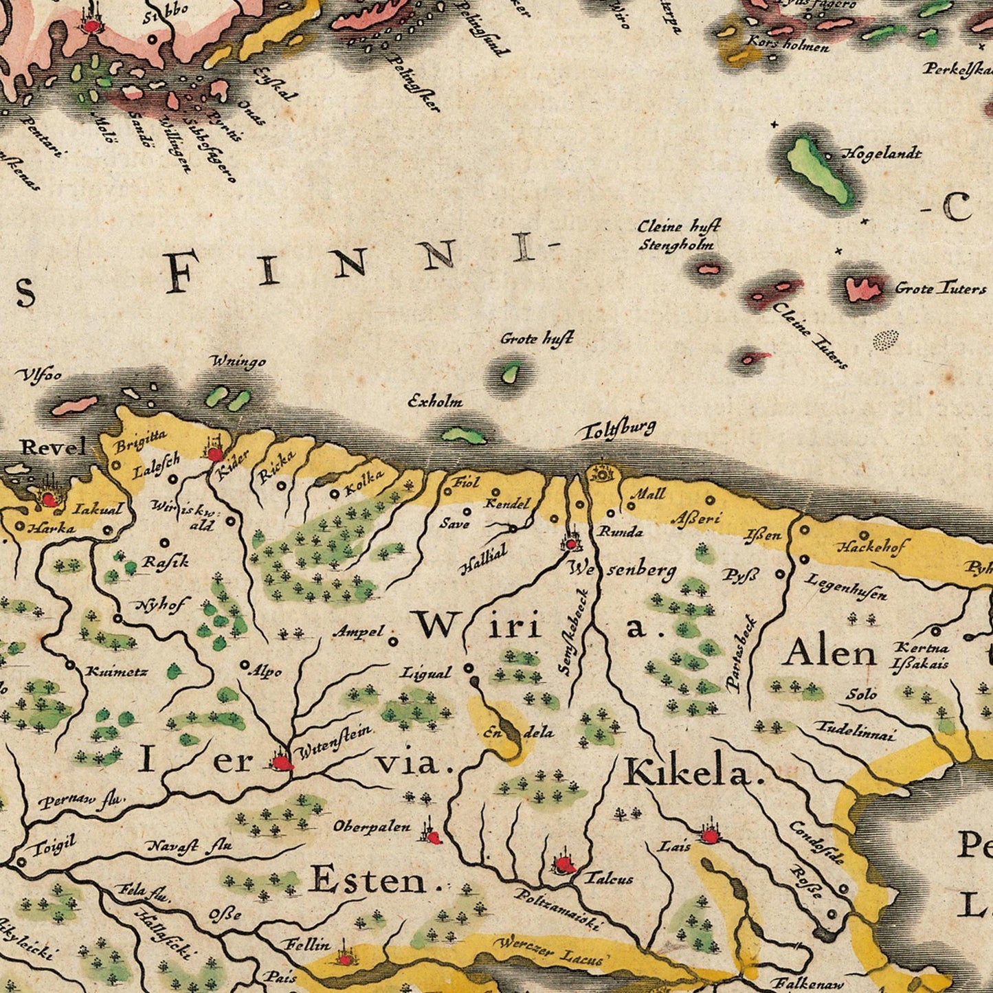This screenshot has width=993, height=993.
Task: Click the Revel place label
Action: coord(54,447)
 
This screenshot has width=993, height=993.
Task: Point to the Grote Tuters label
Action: coord(939,288)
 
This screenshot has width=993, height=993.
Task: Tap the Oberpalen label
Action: coord(371,827)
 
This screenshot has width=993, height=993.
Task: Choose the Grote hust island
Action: coord(511,373)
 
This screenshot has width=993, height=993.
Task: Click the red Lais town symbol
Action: coord(709,836)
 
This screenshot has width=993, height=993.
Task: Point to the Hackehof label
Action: coord(872,547)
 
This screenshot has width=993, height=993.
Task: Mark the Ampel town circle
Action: coord(393,642)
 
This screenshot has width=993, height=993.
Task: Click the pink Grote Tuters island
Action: coord(863,289)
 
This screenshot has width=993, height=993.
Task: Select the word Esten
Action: coord(368,880)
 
